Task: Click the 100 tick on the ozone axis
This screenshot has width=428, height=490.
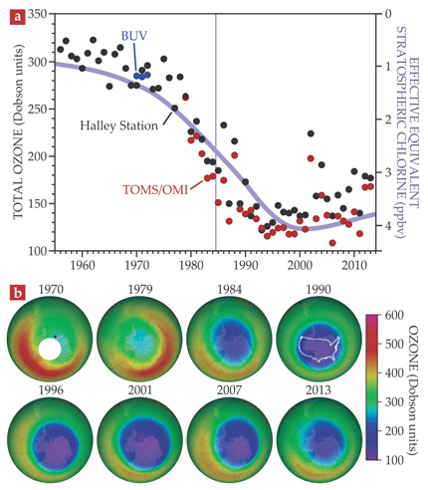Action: [x=38, y=251]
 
